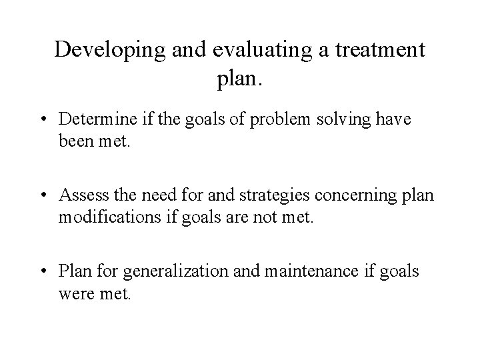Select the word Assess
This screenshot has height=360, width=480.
[x=79, y=195]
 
